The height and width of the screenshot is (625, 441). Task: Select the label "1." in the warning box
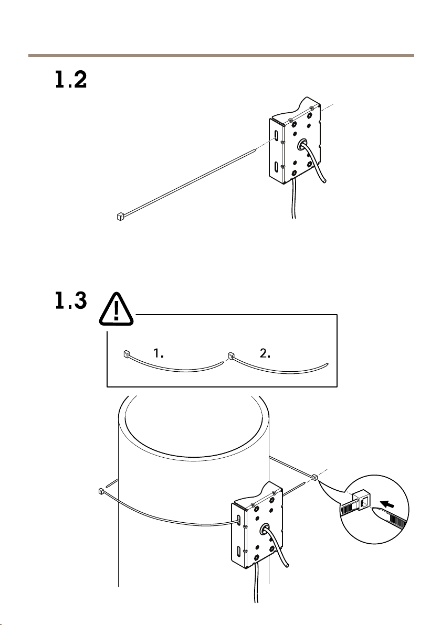tap(160, 353)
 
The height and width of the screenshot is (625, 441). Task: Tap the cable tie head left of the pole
tap(101, 491)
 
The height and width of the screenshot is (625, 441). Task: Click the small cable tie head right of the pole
tap(314, 477)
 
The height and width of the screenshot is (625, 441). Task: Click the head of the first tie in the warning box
tap(126, 354)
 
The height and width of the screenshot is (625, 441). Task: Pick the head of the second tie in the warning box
tap(230, 356)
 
